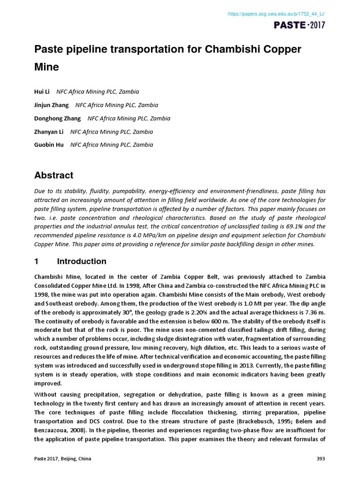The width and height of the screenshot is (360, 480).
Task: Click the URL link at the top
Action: (x=276, y=15)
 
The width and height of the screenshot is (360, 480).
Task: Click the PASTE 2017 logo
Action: (x=300, y=25)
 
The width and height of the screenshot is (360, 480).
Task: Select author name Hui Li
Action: (x=42, y=92)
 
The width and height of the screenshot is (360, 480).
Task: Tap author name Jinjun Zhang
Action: (x=52, y=105)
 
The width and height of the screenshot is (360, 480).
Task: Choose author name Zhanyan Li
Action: (x=49, y=132)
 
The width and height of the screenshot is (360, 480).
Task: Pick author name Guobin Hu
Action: (x=49, y=145)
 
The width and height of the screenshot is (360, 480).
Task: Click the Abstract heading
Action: (x=54, y=176)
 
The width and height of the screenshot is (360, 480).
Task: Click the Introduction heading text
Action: (x=82, y=262)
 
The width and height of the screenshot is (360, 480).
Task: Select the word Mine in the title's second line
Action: (x=47, y=67)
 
